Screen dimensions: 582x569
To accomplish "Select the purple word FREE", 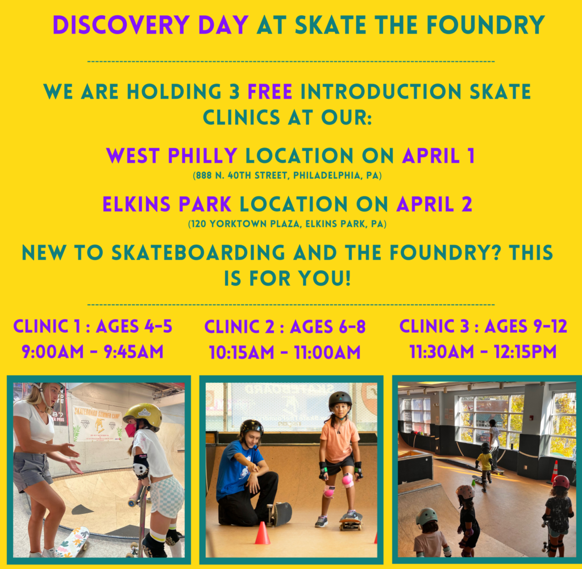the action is [x=270, y=91].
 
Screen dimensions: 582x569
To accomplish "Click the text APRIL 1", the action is [x=438, y=156].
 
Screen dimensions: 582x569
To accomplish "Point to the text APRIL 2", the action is [x=434, y=204].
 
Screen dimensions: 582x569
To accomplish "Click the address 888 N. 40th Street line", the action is [x=287, y=175].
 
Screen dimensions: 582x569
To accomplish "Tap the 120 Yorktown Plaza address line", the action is [x=287, y=224].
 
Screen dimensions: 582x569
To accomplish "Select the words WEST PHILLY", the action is [x=172, y=156].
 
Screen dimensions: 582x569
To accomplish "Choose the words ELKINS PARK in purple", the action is [x=167, y=204].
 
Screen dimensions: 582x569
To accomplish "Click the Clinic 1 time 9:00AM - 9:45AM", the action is [x=93, y=352].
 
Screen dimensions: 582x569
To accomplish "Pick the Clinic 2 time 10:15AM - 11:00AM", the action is [x=285, y=353].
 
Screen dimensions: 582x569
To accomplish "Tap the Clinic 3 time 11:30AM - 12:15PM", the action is [x=483, y=352].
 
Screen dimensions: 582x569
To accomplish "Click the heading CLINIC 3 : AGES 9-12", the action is [x=483, y=327].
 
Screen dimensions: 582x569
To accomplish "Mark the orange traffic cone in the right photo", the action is [x=555, y=471].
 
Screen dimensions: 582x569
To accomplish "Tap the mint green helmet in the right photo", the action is [x=427, y=517].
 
